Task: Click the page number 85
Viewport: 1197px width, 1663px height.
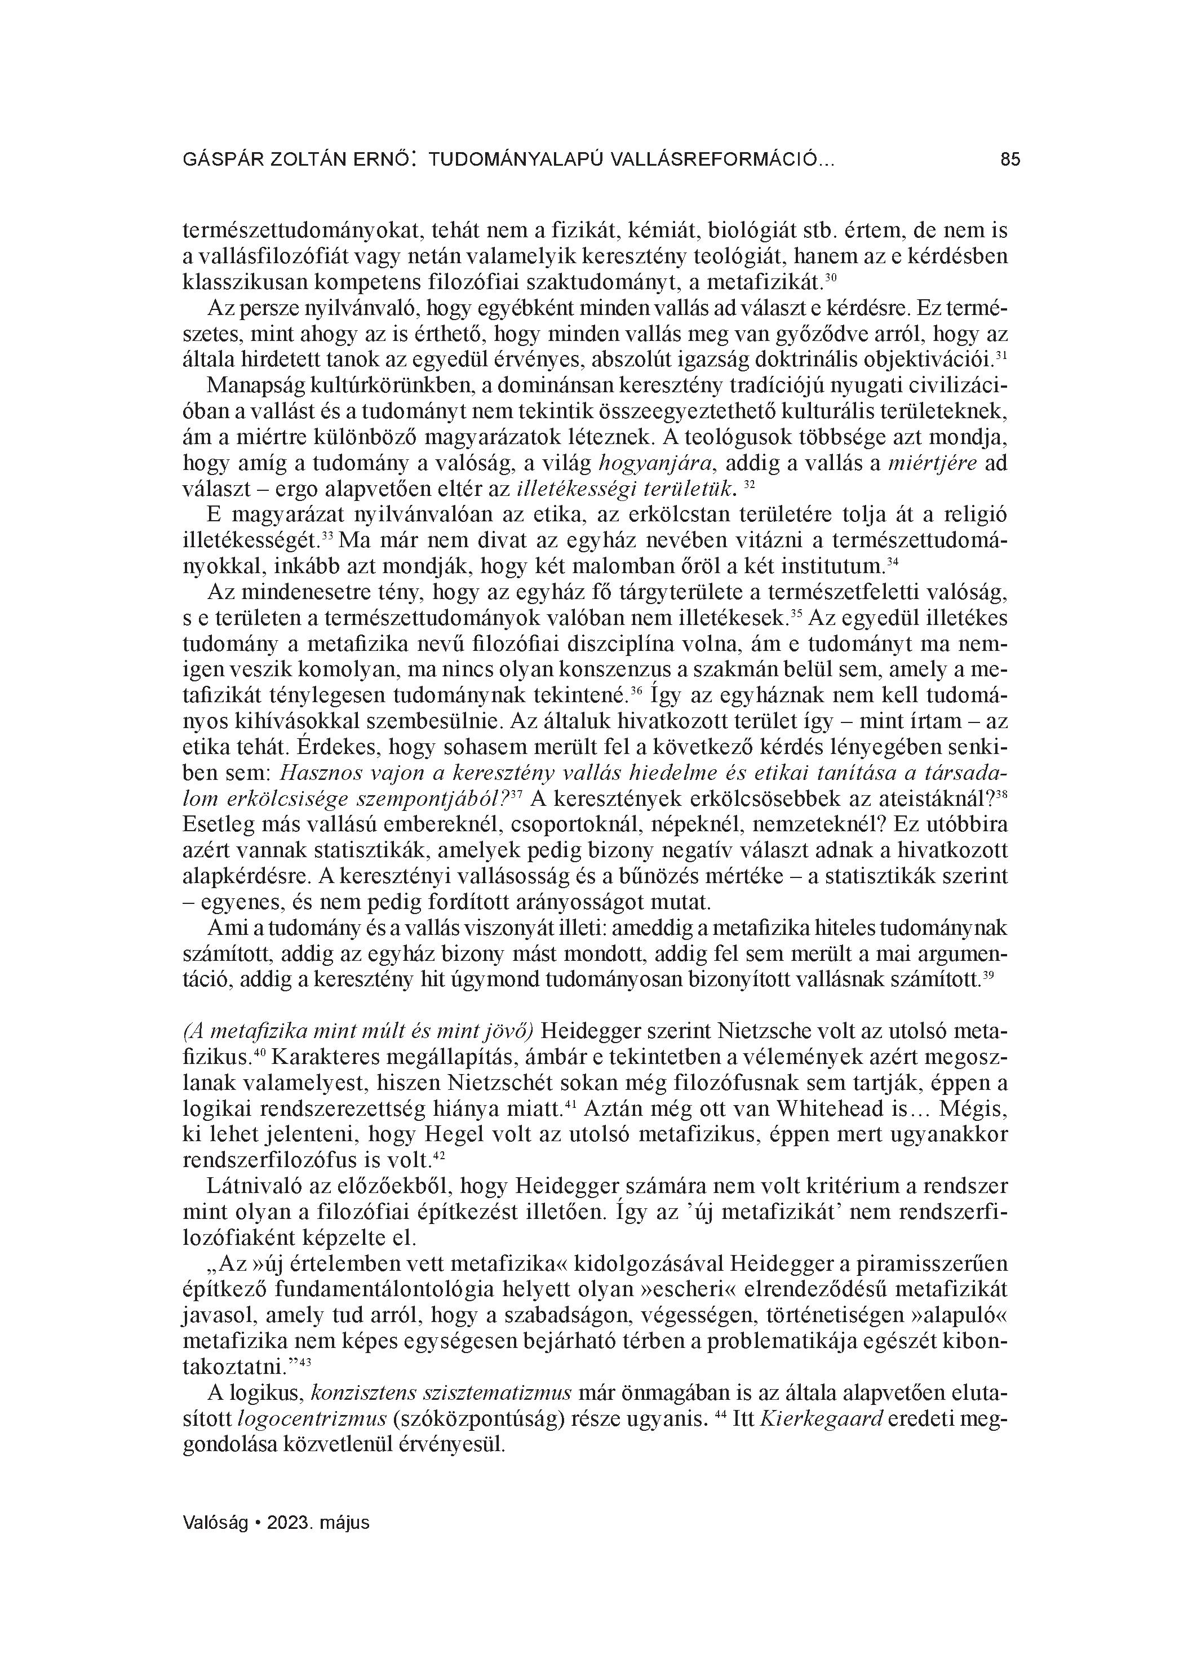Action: point(1009,159)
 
